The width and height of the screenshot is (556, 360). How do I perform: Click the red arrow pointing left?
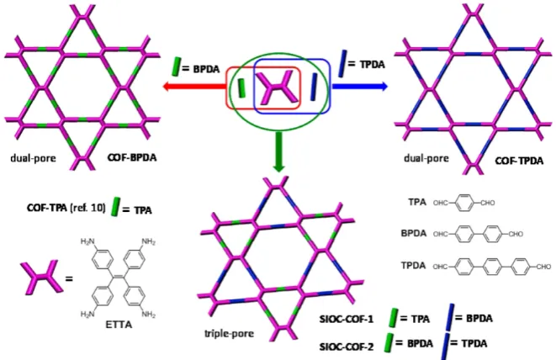point(194,86)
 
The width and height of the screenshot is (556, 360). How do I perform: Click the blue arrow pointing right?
point(359,86)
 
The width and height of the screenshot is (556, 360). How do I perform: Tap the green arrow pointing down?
point(279,151)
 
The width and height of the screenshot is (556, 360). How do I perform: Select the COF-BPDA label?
point(132,157)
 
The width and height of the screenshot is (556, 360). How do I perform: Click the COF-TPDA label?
point(519,161)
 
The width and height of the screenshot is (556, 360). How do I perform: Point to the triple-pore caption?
point(229,333)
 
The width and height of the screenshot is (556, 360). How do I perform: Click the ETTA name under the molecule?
point(119,324)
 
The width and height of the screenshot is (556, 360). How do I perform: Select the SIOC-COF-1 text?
point(347,320)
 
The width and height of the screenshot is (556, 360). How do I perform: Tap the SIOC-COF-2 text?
point(347,347)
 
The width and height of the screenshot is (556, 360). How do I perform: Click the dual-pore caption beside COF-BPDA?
point(33,158)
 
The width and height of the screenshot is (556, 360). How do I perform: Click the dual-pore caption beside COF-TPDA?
point(426,158)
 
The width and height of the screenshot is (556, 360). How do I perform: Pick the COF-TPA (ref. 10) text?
point(66,208)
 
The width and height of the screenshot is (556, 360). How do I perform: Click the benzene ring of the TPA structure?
point(464,203)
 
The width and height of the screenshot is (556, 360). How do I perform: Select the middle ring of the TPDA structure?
point(493,267)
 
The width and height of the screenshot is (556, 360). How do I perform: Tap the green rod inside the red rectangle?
point(241,88)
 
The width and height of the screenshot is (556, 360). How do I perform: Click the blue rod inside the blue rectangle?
point(314,87)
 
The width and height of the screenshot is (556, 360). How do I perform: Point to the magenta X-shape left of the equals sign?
point(40,277)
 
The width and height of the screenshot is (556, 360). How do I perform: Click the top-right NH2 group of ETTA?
point(149,242)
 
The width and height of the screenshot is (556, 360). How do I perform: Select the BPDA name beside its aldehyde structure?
point(414,233)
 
